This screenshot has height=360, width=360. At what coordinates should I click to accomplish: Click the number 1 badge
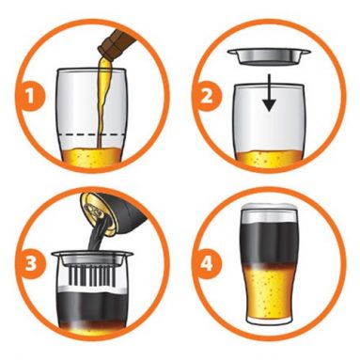pyautogui.click(x=31, y=95)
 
